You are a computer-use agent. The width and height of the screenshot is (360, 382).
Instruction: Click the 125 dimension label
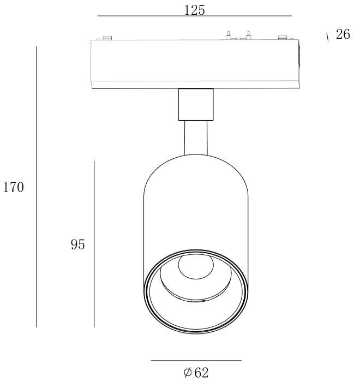click(194, 10)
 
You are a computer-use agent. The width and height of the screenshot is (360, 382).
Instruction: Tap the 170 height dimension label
click(14, 187)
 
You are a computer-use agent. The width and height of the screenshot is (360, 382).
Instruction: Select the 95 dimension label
click(77, 244)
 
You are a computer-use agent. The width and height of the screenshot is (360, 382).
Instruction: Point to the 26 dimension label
click(343, 34)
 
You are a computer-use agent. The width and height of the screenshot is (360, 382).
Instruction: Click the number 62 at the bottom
click(201, 373)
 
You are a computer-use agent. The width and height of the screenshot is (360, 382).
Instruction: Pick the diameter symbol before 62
click(187, 373)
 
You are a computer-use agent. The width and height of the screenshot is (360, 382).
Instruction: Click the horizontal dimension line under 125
click(195, 16)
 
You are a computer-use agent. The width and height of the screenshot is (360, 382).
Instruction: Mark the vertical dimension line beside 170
click(37, 187)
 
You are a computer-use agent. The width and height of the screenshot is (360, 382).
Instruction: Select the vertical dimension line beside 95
click(94, 244)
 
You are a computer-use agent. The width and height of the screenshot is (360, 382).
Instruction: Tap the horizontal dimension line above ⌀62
click(196, 361)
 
